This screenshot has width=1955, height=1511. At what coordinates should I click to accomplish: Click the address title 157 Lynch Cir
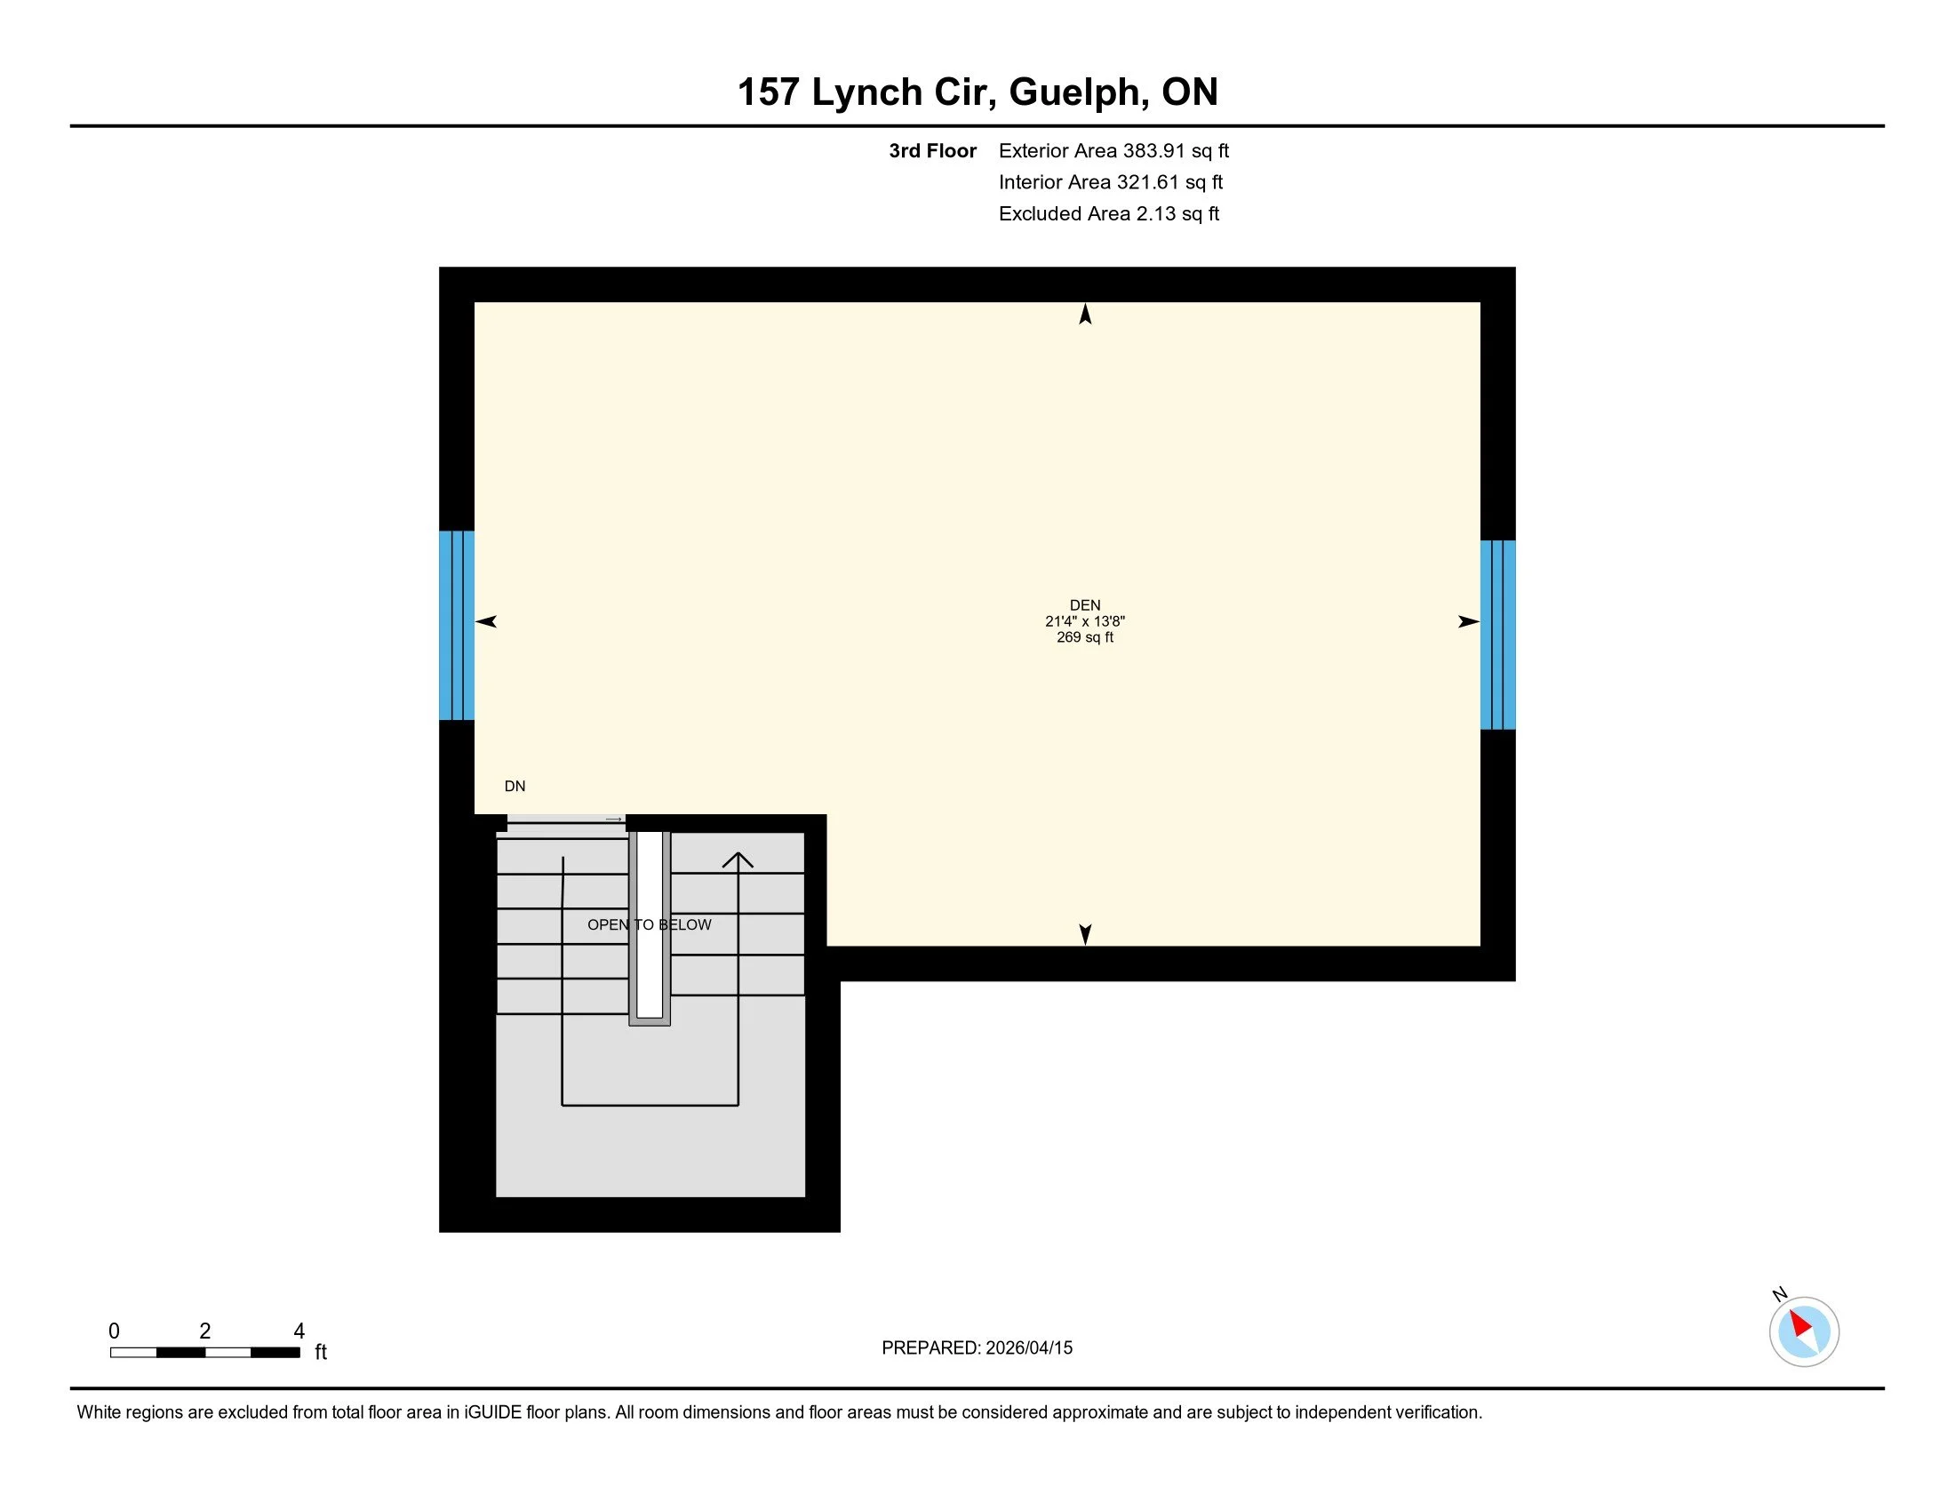pyautogui.click(x=977, y=92)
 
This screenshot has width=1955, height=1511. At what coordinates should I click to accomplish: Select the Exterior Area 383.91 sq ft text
pyautogui.click(x=1113, y=151)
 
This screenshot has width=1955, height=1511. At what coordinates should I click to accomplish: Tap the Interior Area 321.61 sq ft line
pyautogui.click(x=1110, y=182)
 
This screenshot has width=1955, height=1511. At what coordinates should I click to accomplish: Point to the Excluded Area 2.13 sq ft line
pyautogui.click(x=1108, y=214)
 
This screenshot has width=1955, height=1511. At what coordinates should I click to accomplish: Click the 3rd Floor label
pyautogui.click(x=932, y=151)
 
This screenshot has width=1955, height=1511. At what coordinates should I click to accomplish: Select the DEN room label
pyautogui.click(x=1085, y=605)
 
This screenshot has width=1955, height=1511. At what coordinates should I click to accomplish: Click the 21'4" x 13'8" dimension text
pyautogui.click(x=1085, y=621)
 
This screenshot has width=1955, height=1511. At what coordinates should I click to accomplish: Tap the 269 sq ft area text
pyautogui.click(x=1085, y=637)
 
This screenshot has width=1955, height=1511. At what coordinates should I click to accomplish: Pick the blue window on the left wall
pyautogui.click(x=457, y=625)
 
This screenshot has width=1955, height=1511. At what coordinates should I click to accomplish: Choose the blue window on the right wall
pyautogui.click(x=1497, y=635)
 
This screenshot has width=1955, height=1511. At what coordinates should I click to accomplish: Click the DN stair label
pyautogui.click(x=515, y=786)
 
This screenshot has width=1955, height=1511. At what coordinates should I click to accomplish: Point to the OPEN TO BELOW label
pyautogui.click(x=649, y=924)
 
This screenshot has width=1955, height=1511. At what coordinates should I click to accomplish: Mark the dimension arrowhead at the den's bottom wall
pyautogui.click(x=1085, y=933)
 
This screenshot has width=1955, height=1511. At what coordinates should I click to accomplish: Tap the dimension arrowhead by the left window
pyautogui.click(x=486, y=621)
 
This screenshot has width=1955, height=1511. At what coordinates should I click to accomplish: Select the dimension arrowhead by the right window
pyautogui.click(x=1468, y=621)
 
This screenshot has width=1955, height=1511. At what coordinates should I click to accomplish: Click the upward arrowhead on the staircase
pyautogui.click(x=738, y=860)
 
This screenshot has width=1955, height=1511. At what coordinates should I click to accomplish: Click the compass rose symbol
pyautogui.click(x=1804, y=1331)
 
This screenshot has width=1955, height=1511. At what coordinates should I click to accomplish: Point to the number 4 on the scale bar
pyautogui.click(x=299, y=1331)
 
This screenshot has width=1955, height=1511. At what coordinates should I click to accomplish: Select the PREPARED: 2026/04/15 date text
pyautogui.click(x=977, y=1348)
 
